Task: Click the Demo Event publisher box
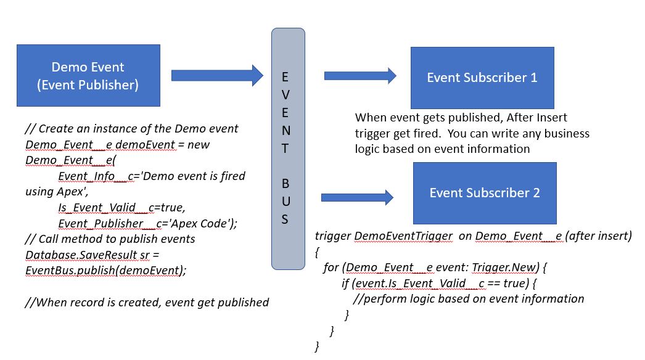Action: pos(88,75)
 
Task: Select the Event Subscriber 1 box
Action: pos(482,78)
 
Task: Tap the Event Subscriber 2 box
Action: pos(485,193)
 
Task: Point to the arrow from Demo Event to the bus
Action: pos(217,75)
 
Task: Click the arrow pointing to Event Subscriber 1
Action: pos(360,76)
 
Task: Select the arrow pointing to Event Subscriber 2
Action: pos(358,198)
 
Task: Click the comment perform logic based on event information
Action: pos(469,299)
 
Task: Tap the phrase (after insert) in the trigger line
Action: pos(597,236)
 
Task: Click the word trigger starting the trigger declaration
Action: pos(333,236)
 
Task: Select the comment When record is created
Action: pos(147,302)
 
